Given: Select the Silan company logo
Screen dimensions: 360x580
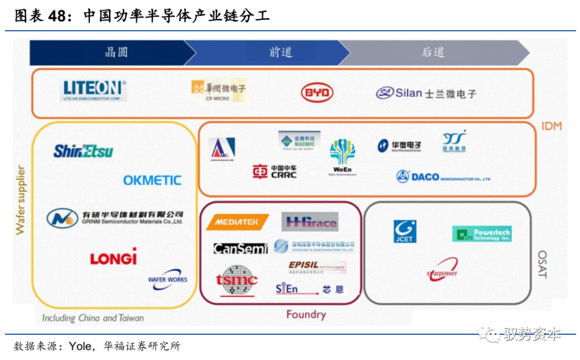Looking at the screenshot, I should tap(425, 93).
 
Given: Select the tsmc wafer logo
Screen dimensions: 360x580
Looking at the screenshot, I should tap(237, 280).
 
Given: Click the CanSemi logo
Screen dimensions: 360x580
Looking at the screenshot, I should tap(240, 249).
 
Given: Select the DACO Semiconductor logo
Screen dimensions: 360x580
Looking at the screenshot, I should tap(443, 176).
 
